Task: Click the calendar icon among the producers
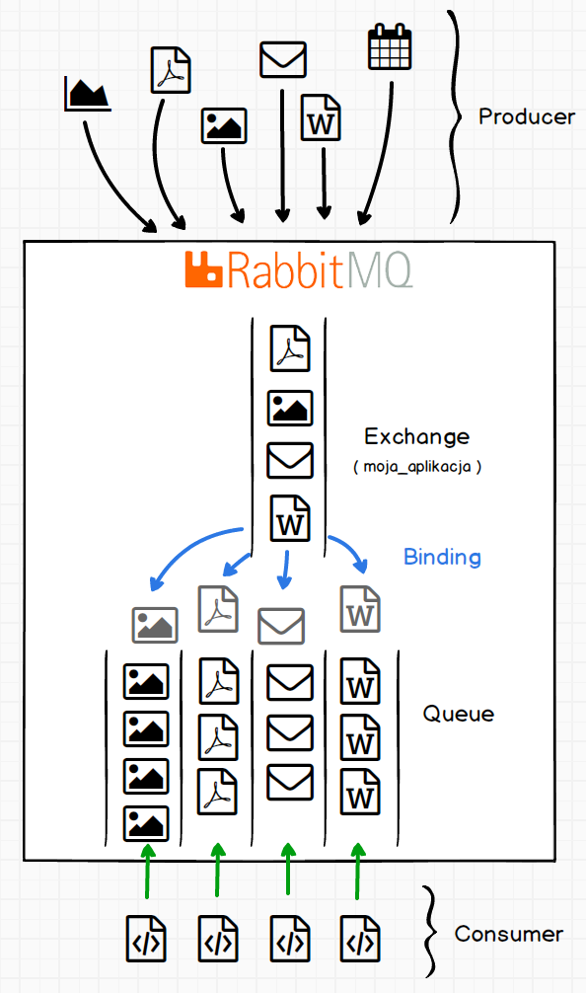click(390, 46)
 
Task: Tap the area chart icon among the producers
click(88, 94)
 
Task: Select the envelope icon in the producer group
click(283, 59)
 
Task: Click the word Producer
click(527, 116)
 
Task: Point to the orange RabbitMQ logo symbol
click(203, 269)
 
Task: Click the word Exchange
click(417, 436)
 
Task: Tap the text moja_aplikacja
click(417, 467)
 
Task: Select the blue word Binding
click(442, 557)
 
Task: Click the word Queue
click(458, 714)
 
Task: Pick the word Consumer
click(509, 934)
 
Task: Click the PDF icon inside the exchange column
click(290, 347)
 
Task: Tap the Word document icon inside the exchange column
click(290, 518)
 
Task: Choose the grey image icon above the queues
click(155, 625)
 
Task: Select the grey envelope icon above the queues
click(281, 626)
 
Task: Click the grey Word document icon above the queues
click(360, 609)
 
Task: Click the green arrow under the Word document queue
click(358, 871)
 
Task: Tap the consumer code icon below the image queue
click(146, 938)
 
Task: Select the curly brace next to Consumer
click(430, 932)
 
